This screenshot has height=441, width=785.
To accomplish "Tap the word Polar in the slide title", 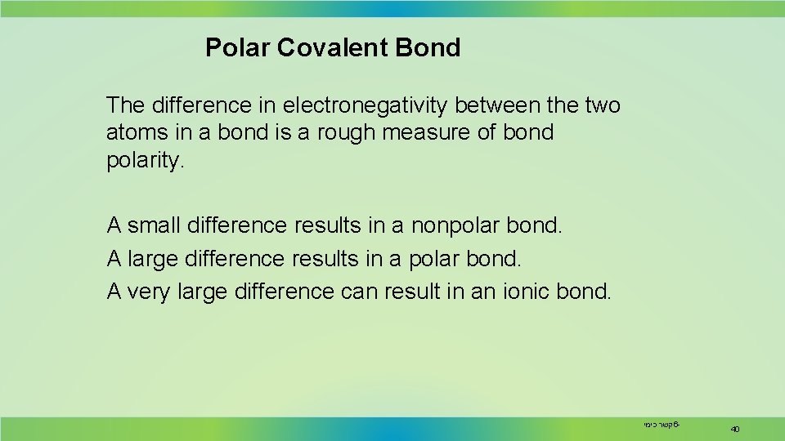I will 237,48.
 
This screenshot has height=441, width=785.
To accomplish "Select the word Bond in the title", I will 428,48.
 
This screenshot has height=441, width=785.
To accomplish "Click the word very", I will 149,292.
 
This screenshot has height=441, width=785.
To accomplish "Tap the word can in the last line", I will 361,292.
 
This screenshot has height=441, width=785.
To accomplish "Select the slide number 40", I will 734,429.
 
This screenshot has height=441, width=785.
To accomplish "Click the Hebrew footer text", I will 661,425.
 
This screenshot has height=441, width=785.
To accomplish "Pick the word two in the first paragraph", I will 603,105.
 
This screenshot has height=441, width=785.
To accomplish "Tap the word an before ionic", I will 486,292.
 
